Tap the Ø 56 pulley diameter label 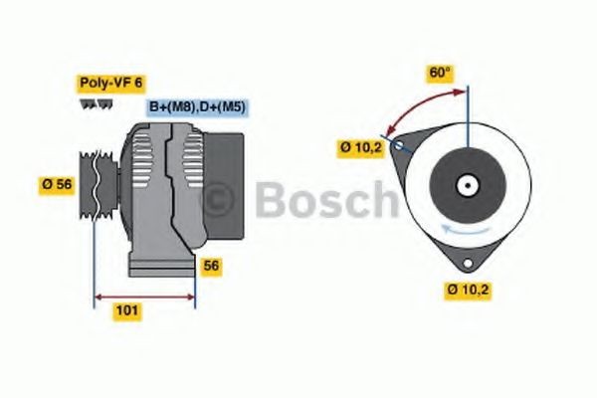[58, 183]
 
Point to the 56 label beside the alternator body [210, 266]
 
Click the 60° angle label [439, 73]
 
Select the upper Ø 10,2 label [361, 147]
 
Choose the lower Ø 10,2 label [469, 291]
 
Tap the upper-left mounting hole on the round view [399, 145]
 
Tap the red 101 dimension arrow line [144, 296]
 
